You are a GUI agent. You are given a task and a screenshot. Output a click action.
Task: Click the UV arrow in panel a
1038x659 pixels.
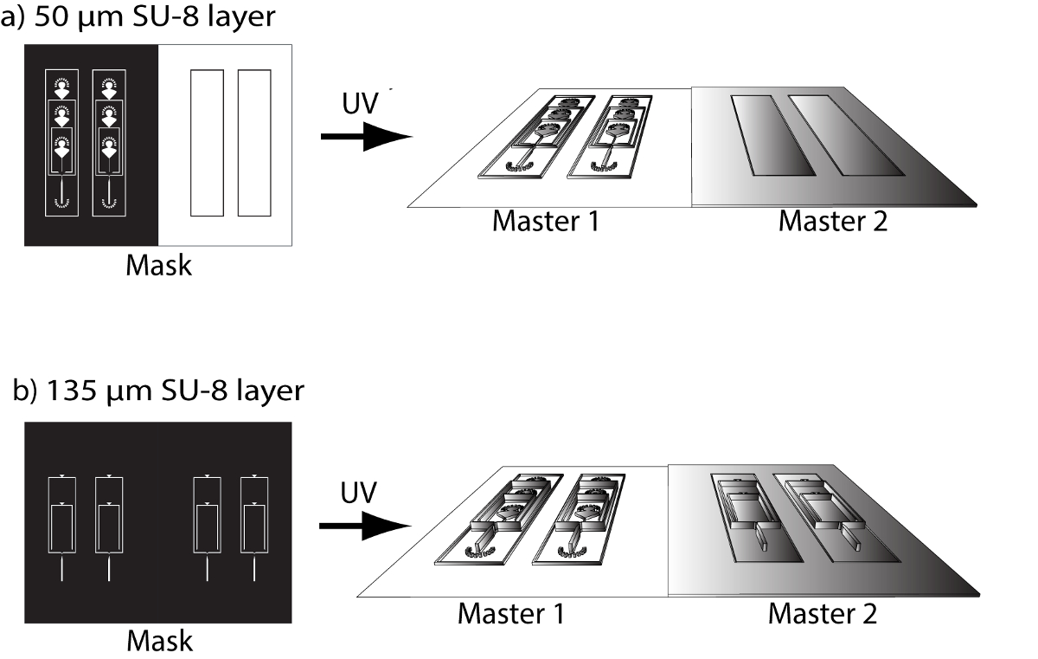pos(367,136)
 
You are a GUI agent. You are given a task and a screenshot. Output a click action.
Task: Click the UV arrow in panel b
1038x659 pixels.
pos(365,526)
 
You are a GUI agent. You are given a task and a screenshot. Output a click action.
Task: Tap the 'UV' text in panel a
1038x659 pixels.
pos(360,103)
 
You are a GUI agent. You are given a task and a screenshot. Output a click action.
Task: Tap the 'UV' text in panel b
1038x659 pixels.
pos(358,493)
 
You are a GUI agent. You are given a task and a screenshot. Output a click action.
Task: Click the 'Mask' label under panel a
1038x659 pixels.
pos(158,265)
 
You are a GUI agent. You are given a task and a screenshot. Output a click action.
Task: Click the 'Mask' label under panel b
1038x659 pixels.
pos(159,641)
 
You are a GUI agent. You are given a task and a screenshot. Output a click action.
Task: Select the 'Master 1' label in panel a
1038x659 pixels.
pos(546,221)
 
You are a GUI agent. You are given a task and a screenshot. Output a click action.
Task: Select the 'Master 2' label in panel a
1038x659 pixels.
pos(833,221)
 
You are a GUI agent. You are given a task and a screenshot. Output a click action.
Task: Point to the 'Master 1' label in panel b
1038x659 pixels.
pos(511,614)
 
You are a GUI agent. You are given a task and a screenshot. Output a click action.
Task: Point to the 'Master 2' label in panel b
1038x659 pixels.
pos(823,614)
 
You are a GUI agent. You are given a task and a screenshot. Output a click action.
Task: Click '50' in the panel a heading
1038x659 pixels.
pos(51,16)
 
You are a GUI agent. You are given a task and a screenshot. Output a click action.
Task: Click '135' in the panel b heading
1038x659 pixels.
pos(71,390)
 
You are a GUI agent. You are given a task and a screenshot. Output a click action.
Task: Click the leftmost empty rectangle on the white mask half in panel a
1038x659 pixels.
pos(207,143)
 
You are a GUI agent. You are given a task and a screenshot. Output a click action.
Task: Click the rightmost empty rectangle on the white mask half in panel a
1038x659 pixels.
pos(254,143)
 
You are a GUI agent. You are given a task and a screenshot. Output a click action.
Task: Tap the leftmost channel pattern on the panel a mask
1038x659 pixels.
pos(61,143)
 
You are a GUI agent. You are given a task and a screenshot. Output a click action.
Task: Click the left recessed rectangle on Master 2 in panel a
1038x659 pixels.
pos(772,135)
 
